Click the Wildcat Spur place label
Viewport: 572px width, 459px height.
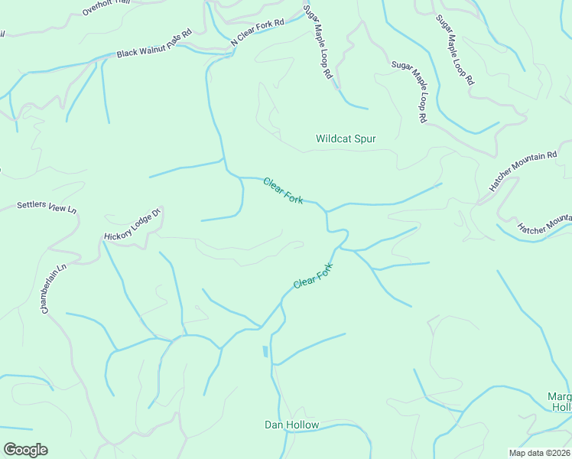coord(346,138)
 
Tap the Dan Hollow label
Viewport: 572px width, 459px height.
coord(291,425)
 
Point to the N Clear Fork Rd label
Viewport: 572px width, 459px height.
coord(258,34)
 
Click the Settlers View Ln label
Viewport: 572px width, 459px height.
coord(47,207)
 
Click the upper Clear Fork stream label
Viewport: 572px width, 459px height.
coord(283,190)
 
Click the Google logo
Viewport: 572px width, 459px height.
coord(25,449)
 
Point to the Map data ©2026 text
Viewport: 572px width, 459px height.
coord(539,453)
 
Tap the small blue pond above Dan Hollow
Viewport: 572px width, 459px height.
coord(265,352)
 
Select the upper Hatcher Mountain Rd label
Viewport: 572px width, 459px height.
coord(523,171)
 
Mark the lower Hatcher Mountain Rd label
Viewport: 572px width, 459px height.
coord(544,223)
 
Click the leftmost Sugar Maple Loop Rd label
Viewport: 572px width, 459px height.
coord(318,42)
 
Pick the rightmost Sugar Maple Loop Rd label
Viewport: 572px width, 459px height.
coord(455,49)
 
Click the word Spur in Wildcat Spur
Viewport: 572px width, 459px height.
coord(363,138)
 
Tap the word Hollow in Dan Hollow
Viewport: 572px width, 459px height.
coord(304,425)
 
